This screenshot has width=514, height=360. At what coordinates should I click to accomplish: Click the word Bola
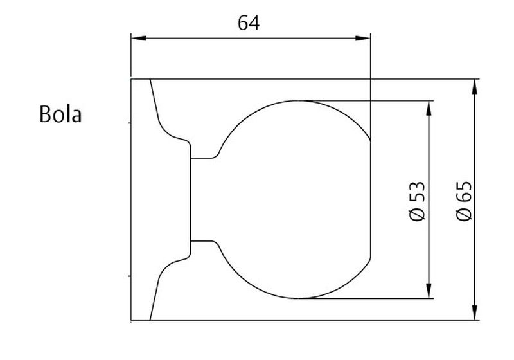60,114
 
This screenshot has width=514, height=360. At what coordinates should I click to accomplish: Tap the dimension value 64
249,23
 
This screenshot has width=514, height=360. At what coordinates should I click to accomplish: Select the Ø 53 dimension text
418,201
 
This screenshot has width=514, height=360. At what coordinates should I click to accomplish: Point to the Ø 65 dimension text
464,201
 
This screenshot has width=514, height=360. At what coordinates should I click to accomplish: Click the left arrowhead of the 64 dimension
139,39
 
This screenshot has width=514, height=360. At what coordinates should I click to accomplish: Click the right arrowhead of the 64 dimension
363,39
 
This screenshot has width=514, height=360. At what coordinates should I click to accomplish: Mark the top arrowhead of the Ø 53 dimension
429,108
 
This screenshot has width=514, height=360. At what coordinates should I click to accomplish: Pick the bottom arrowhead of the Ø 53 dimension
429,291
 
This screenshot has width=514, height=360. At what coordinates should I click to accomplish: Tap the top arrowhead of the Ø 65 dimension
474,87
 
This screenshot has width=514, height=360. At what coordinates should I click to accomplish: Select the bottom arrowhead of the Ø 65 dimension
474,312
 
